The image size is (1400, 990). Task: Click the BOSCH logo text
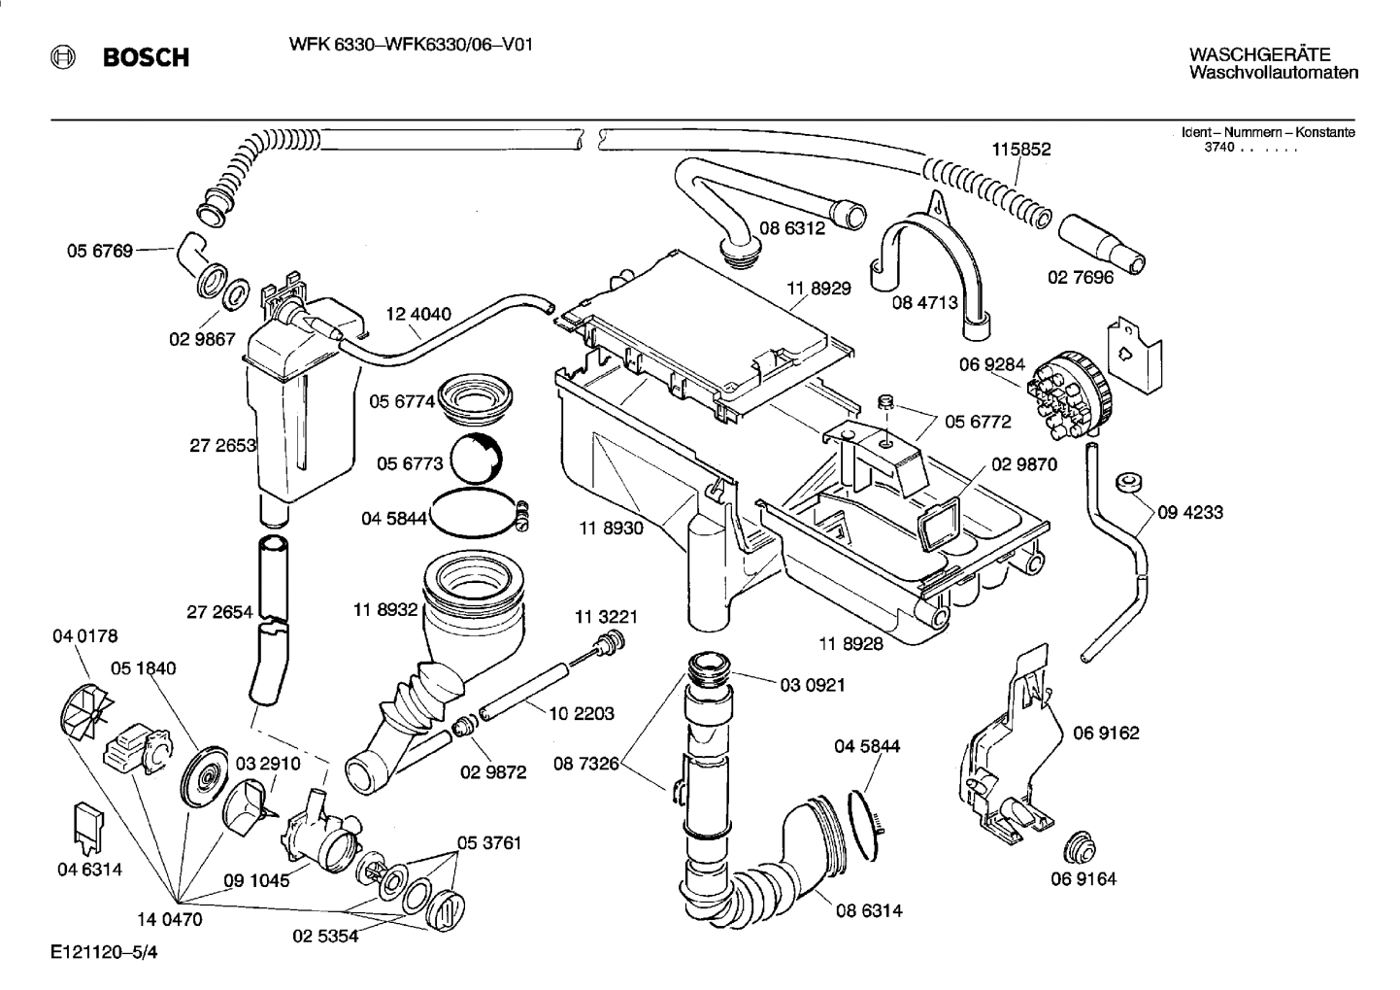[x=146, y=58]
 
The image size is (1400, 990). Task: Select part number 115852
[x=1020, y=150]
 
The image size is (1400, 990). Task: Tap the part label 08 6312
[x=792, y=229]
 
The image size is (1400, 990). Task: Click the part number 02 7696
[x=1081, y=277]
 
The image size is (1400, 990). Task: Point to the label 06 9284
[x=991, y=365]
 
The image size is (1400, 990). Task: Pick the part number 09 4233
[x=1190, y=512]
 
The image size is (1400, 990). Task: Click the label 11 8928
[x=850, y=643]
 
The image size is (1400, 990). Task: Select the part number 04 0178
[x=85, y=636]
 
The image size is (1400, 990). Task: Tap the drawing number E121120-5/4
[x=104, y=953]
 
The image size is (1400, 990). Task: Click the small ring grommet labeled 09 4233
[x=1127, y=483]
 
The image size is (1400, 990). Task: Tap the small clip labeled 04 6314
[x=87, y=827]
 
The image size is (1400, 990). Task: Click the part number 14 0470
[x=169, y=919]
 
